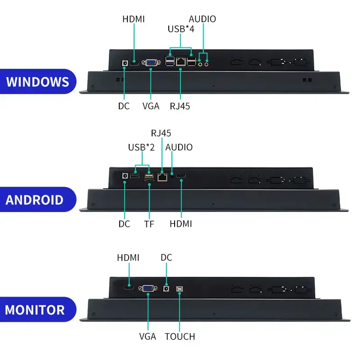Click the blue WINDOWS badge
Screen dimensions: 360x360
[38, 81]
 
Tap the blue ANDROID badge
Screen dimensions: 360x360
[38, 199]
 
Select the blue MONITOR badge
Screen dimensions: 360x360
[38, 309]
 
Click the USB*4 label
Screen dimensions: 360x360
[181, 29]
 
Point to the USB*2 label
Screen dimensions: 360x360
[141, 147]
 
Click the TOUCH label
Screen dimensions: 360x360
[180, 336]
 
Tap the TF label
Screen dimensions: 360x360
[149, 224]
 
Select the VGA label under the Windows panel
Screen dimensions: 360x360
[151, 106]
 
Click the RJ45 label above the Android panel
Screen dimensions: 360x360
[161, 133]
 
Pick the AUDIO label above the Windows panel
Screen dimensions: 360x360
[202, 19]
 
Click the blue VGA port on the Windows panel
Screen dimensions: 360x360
[151, 63]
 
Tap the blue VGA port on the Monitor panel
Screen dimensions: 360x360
[148, 288]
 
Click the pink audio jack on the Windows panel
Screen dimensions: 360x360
[207, 64]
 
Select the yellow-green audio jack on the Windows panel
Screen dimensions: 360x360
[200, 64]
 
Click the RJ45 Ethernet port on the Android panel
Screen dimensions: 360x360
[162, 177]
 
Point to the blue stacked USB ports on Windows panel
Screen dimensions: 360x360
[170, 61]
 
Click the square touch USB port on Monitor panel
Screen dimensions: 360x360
[179, 289]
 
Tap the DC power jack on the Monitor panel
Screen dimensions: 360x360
[166, 288]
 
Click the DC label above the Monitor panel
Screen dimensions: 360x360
[166, 257]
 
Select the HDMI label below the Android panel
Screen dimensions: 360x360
[181, 224]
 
